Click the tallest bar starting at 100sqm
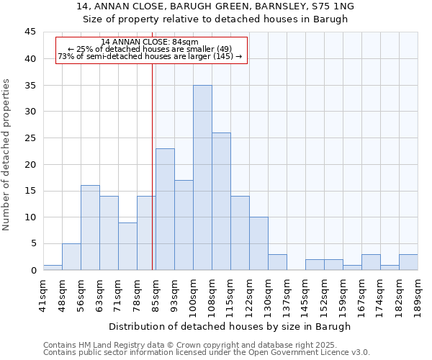[x=202, y=178]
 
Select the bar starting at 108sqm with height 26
[x=221, y=202]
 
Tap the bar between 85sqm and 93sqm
[x=165, y=210]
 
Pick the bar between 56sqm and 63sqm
[x=90, y=228]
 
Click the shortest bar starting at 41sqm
[x=53, y=267]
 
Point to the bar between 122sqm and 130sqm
[x=258, y=243]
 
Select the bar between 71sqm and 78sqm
[x=127, y=246]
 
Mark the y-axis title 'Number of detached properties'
[x=7, y=155]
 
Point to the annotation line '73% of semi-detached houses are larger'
[x=150, y=56]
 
